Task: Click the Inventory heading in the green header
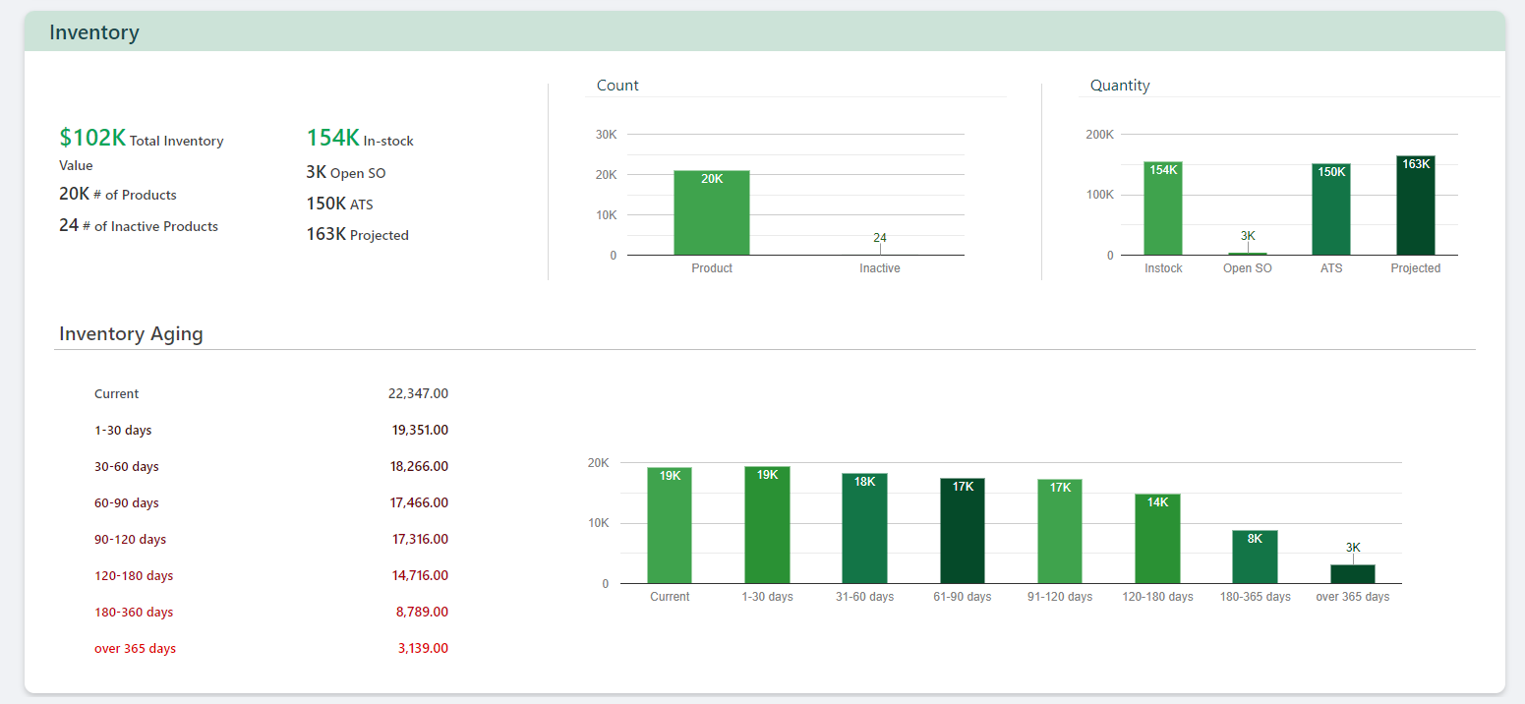tap(94, 32)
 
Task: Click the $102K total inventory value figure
tap(92, 138)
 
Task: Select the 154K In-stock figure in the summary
tap(333, 139)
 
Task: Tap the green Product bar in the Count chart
tap(711, 213)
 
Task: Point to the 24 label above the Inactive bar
tap(880, 238)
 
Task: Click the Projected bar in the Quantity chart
tap(1415, 206)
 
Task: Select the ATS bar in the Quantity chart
tap(1331, 210)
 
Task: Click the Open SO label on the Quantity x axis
tap(1247, 268)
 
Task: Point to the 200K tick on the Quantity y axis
tap(1099, 134)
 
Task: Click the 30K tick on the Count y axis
tap(606, 134)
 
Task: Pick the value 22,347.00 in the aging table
tap(418, 393)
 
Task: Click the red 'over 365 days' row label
tap(135, 648)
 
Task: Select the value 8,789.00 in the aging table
tap(422, 612)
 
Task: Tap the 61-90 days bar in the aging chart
tap(962, 531)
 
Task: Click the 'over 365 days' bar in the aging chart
tap(1353, 573)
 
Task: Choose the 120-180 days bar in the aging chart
tap(1157, 539)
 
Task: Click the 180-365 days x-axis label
tap(1255, 597)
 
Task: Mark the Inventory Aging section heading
tap(131, 333)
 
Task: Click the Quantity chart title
tap(1120, 86)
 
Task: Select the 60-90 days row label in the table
tap(126, 502)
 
